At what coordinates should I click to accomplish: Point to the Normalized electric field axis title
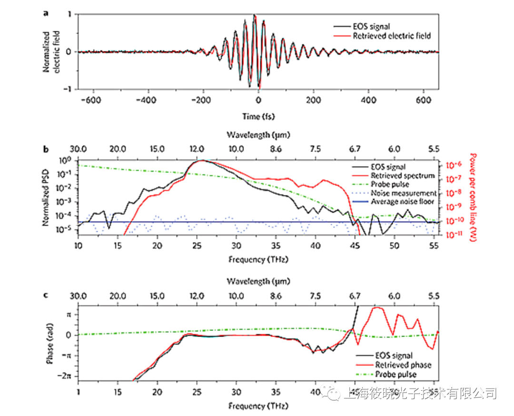50,51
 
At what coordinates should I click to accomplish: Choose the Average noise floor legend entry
405,202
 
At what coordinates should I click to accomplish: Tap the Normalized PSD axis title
47,197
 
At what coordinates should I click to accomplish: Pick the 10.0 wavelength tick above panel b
235,149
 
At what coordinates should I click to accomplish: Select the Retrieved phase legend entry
403,365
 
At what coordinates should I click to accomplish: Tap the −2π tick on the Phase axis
65,376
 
